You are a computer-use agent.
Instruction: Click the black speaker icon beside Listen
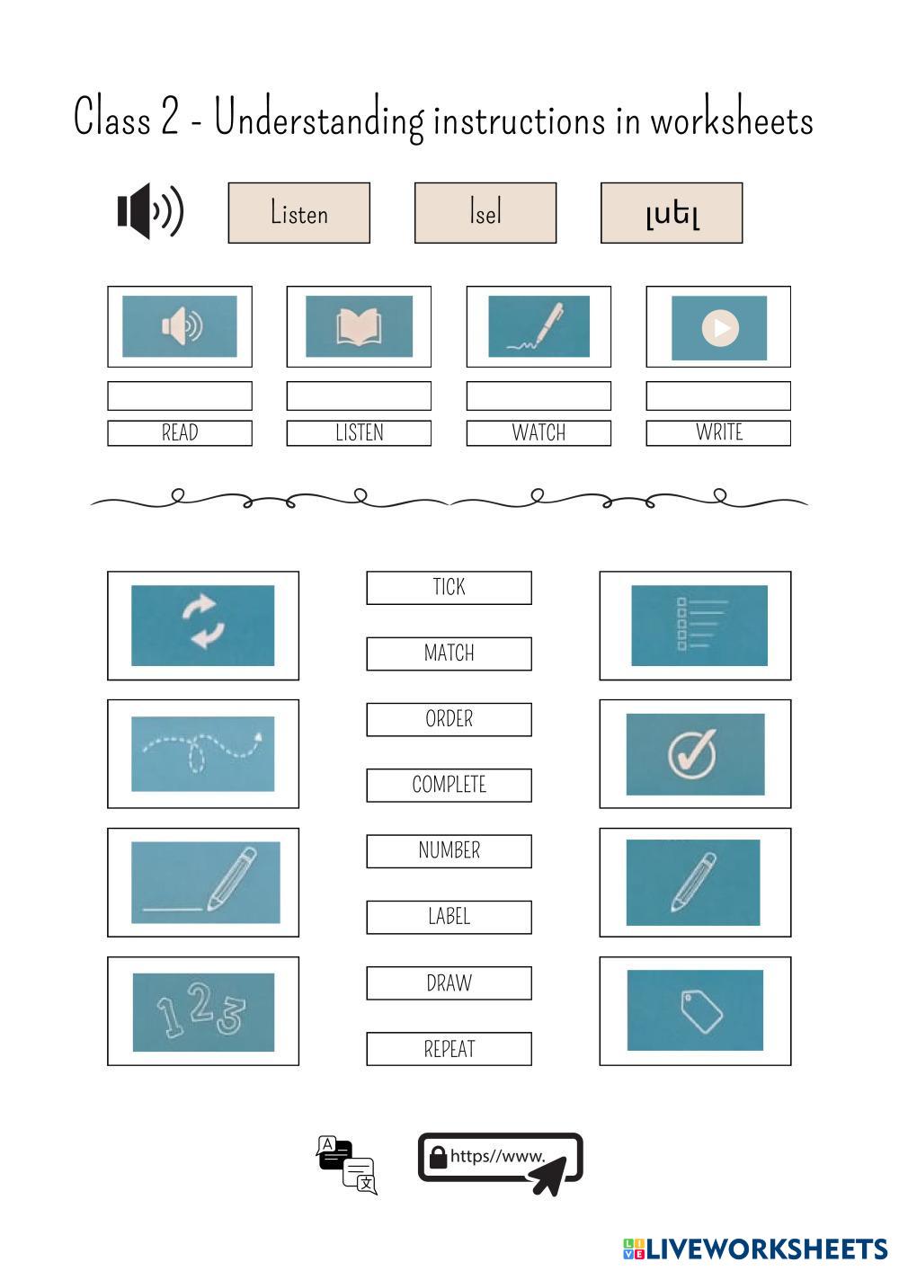[x=150, y=211]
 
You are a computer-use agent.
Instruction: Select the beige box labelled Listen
[x=298, y=213]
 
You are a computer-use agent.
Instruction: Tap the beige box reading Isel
[x=485, y=213]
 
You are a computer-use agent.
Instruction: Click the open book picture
[x=359, y=326]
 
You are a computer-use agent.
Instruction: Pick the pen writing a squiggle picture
[x=539, y=326]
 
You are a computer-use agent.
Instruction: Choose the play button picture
[x=718, y=327]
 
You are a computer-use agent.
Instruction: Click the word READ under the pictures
[x=180, y=432]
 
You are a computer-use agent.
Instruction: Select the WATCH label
[x=539, y=432]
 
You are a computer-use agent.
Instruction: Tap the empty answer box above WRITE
[x=718, y=396]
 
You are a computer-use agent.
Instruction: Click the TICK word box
[x=449, y=587]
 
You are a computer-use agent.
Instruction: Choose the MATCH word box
[x=449, y=653]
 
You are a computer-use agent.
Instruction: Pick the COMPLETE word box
[x=449, y=785]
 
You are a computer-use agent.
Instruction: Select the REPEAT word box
[x=449, y=1049]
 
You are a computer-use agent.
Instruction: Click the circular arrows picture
[x=203, y=625]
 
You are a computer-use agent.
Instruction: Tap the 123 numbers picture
[x=203, y=1011]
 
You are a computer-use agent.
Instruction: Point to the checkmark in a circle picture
[x=695, y=754]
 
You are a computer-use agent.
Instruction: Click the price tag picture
[x=695, y=1010]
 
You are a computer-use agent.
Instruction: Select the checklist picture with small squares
[x=699, y=625]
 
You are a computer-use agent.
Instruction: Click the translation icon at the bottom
[x=346, y=1165]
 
